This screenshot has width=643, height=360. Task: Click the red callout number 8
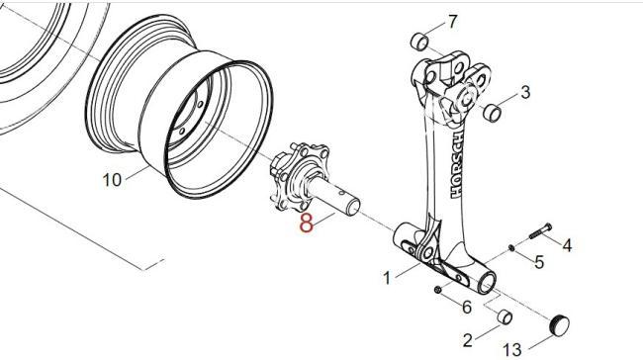307,223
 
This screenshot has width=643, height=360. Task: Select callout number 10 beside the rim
112,180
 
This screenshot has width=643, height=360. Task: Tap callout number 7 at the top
452,22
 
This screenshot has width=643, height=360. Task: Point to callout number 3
525,93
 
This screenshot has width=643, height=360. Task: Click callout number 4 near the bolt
567,245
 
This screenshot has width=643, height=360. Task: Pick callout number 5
539,262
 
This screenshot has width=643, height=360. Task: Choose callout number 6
467,308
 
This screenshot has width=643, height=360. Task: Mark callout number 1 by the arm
387,278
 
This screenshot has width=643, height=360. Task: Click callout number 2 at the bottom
468,340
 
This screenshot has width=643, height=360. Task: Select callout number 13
512,350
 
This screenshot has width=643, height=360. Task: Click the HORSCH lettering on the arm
458,164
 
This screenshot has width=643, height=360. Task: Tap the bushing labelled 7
419,42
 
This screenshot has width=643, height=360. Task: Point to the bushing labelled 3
492,113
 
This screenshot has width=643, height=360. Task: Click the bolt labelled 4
540,230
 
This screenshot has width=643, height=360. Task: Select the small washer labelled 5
511,247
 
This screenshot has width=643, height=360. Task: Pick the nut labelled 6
437,290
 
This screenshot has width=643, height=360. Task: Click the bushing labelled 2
505,316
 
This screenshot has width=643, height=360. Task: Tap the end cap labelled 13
559,324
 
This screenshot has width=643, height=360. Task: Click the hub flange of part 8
300,177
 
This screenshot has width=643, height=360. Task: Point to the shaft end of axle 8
352,207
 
